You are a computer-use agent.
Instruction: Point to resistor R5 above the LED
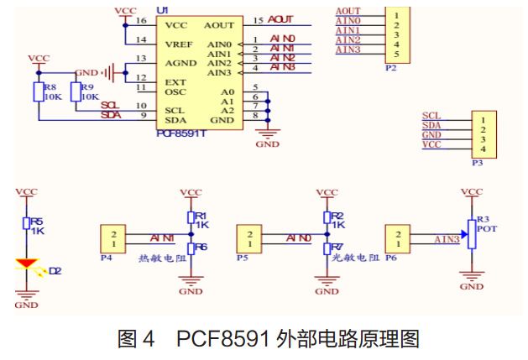click(x=28, y=224)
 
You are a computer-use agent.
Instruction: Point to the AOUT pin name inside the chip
click(x=219, y=25)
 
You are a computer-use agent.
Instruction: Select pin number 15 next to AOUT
click(x=257, y=20)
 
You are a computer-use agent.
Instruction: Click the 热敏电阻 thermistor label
click(x=160, y=259)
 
